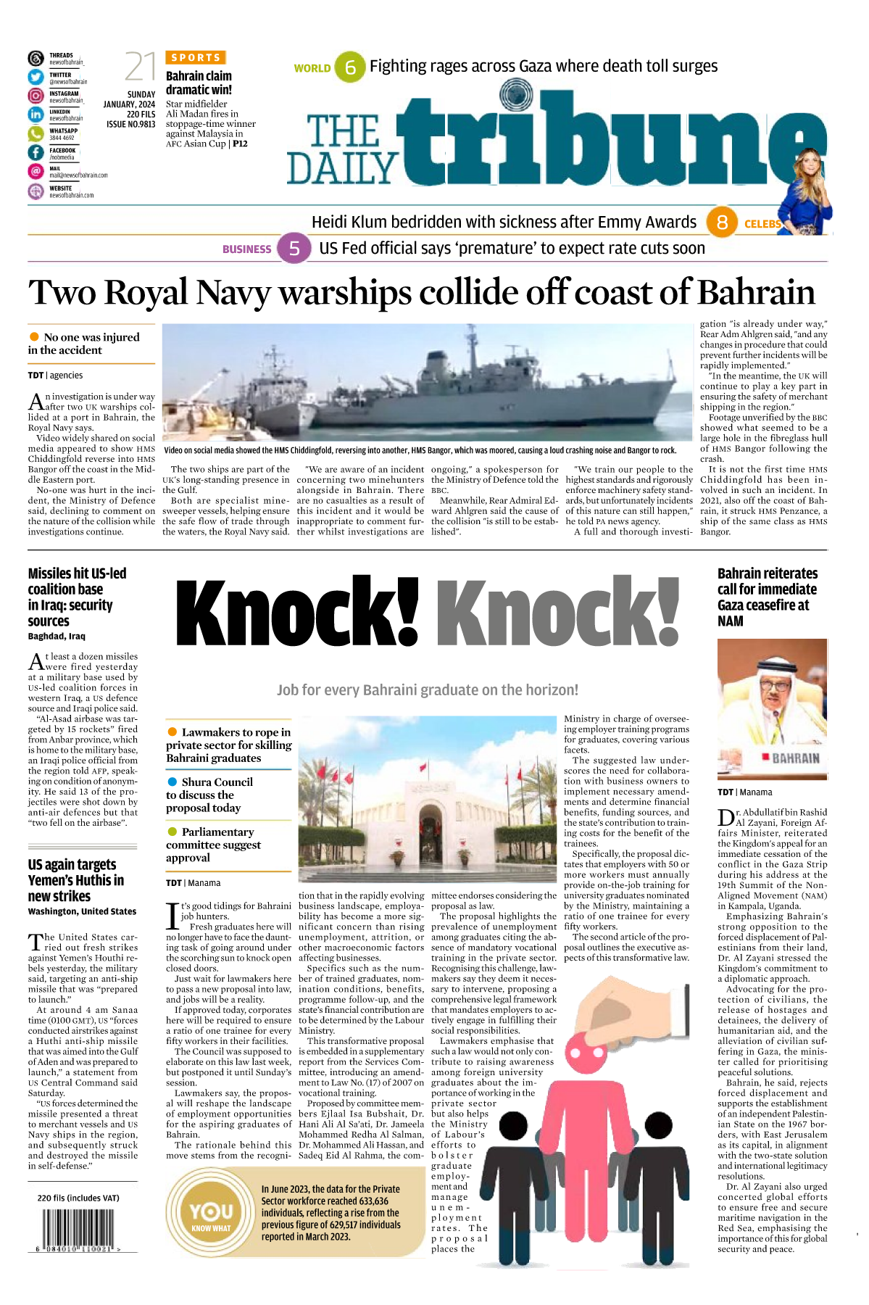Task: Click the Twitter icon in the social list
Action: pos(36,77)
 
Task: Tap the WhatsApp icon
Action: pos(36,133)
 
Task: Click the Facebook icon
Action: pos(36,152)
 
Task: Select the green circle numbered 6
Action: pos(350,67)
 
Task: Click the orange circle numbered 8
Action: pos(722,222)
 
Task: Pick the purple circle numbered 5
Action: pos(294,249)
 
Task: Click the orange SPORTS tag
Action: pos(196,57)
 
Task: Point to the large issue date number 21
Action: pos(141,67)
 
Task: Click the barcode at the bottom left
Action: pos(78,1229)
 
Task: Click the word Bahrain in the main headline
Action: pos(756,293)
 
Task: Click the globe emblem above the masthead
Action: pos(515,94)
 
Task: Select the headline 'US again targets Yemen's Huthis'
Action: pos(76,880)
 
